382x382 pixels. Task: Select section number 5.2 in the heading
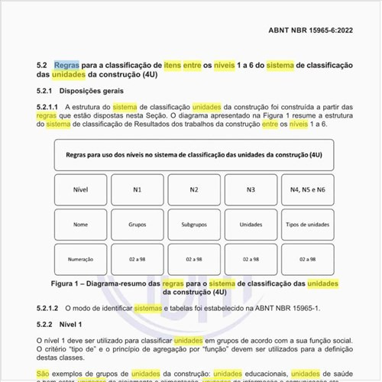41,66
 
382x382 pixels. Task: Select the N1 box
138,189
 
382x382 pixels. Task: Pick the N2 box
194,189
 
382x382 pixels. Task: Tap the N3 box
251,189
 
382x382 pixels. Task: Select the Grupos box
138,225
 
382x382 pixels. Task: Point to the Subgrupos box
194,225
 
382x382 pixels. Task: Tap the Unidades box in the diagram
251,225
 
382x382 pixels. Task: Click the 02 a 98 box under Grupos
138,260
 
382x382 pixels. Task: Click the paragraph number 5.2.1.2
47,308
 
